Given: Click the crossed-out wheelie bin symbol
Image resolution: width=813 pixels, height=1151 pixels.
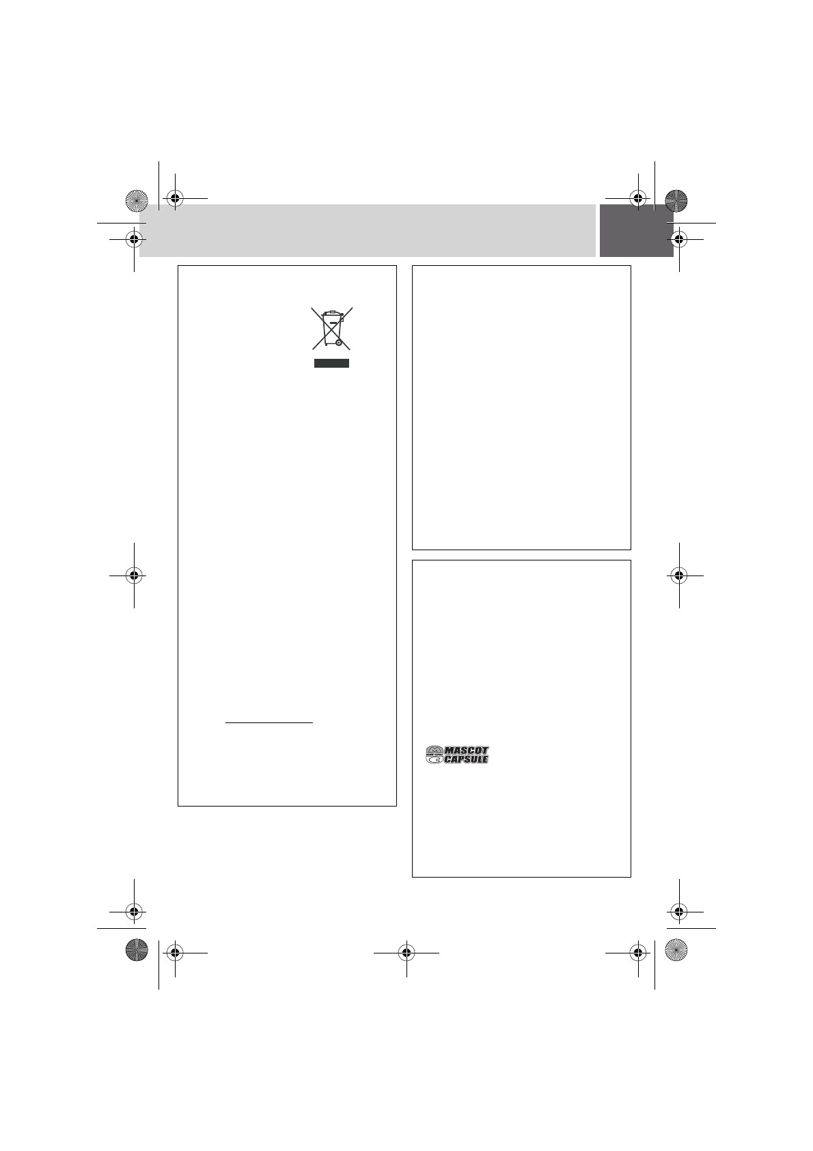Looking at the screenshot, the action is tap(332, 328).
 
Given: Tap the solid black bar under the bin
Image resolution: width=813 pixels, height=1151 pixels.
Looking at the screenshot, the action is tap(332, 364).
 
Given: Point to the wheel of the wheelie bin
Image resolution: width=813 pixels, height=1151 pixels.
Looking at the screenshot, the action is tap(338, 342).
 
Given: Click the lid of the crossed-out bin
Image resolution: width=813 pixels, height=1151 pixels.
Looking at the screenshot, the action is tap(332, 313).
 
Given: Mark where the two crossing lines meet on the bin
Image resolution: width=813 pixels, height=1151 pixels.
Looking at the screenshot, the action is tap(332, 328).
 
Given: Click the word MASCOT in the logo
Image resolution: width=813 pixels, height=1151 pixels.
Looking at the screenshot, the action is tap(467, 750).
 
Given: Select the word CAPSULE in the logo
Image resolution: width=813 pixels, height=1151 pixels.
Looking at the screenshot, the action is tap(466, 759).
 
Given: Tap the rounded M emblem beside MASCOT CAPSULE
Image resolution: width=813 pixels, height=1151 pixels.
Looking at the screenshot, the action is tap(435, 755).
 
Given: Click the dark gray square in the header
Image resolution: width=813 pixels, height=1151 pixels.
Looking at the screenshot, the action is tap(636, 231).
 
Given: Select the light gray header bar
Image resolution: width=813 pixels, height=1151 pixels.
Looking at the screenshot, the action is tap(367, 231).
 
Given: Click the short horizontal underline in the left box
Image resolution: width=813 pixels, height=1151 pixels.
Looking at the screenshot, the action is tap(269, 722).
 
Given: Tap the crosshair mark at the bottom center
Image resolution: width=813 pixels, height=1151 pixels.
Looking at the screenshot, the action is tap(406, 953).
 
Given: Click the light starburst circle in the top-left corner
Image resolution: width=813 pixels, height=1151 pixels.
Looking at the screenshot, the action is tap(137, 200).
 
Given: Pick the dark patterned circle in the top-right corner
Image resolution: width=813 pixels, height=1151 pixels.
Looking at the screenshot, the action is tap(676, 200).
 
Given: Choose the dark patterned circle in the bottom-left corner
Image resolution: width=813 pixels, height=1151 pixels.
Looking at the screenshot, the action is tap(137, 949).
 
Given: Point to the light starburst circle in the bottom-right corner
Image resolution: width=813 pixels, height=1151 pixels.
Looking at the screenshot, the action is tap(676, 949).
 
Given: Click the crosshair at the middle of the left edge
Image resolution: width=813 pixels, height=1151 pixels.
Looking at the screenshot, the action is tap(134, 575).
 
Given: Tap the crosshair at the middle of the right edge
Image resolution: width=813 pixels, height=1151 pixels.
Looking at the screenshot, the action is tap(679, 575).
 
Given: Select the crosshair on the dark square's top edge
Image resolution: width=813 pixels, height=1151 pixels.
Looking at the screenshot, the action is tap(638, 198).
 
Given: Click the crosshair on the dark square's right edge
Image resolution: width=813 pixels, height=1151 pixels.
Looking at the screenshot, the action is tap(679, 239).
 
